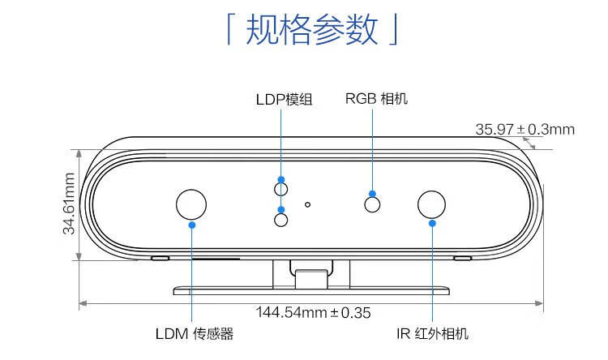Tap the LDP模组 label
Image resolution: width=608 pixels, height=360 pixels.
click(284, 100)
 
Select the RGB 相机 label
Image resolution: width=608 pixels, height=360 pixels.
click(376, 99)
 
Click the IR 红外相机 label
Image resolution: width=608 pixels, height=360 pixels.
click(432, 333)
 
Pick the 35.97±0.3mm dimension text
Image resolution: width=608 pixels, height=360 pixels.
click(525, 129)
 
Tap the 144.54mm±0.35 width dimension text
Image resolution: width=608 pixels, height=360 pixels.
click(313, 312)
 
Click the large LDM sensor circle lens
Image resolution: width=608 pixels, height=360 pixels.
click(192, 203)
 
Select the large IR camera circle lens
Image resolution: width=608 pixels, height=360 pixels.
click(432, 204)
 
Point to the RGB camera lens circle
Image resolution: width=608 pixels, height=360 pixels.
click(373, 204)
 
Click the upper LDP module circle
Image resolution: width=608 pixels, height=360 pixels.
click(281, 189)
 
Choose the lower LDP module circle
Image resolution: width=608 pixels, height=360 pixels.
click(281, 219)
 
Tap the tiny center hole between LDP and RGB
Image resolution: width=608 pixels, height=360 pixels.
click(307, 204)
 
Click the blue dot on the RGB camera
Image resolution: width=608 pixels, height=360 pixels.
click(373, 194)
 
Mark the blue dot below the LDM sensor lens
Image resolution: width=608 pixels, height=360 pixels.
click(192, 223)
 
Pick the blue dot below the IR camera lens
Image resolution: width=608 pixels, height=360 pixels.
click(432, 223)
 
